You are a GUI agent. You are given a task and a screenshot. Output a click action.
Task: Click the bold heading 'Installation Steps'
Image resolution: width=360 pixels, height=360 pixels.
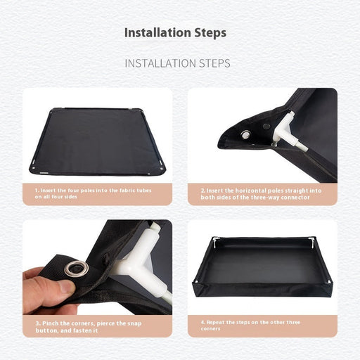pos(175,33)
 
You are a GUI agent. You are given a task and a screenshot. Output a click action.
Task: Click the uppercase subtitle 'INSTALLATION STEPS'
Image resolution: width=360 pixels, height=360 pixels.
pos(177,63)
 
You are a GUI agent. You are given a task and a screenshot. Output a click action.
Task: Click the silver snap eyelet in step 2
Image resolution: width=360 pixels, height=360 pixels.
pos(245,135)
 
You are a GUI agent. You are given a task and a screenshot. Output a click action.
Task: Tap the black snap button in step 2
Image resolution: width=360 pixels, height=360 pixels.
pos(266,127)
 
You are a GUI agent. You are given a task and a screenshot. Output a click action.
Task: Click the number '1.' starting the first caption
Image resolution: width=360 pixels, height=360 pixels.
pos(37,191)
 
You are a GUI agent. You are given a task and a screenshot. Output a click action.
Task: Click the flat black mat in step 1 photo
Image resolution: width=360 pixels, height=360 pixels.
pos(97,141)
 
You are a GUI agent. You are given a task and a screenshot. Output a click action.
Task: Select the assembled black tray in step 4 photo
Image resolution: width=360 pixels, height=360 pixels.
pos(262,271)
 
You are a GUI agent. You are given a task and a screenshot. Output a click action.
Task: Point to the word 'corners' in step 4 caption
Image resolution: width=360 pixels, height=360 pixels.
pos(210,329)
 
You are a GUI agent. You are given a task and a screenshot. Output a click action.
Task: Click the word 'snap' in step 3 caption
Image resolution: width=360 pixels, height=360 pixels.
pos(134,324)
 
